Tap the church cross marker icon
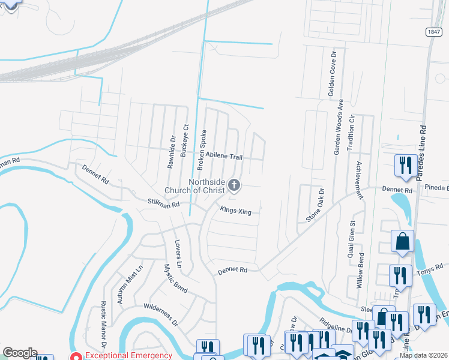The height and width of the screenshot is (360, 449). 235,186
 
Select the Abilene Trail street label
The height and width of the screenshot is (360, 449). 224,156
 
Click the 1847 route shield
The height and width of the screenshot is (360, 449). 435,31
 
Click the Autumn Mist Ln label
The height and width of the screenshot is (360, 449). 130,283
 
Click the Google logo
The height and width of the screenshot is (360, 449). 20,353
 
